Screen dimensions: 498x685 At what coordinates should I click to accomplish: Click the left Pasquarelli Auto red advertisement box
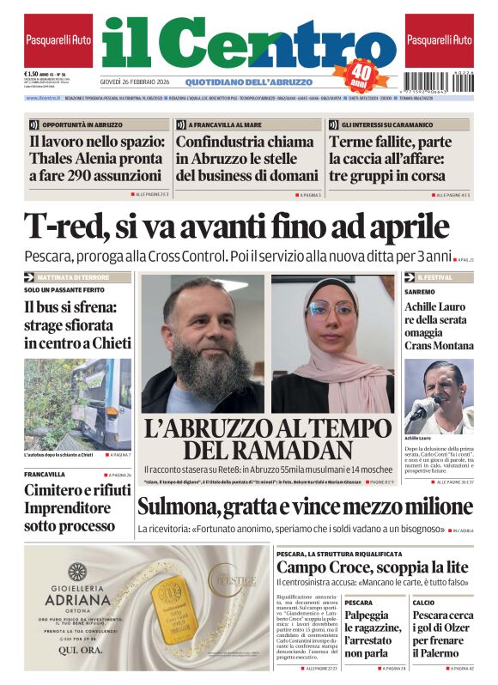pos(58,40)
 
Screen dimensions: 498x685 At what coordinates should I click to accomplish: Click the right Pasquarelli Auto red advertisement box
pos(439,40)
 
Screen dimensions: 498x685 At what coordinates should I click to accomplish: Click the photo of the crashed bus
pos(77,403)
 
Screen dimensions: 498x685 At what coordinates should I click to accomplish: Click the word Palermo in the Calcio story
pos(437,652)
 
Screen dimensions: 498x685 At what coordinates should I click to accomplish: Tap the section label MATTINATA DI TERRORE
pos(84,277)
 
